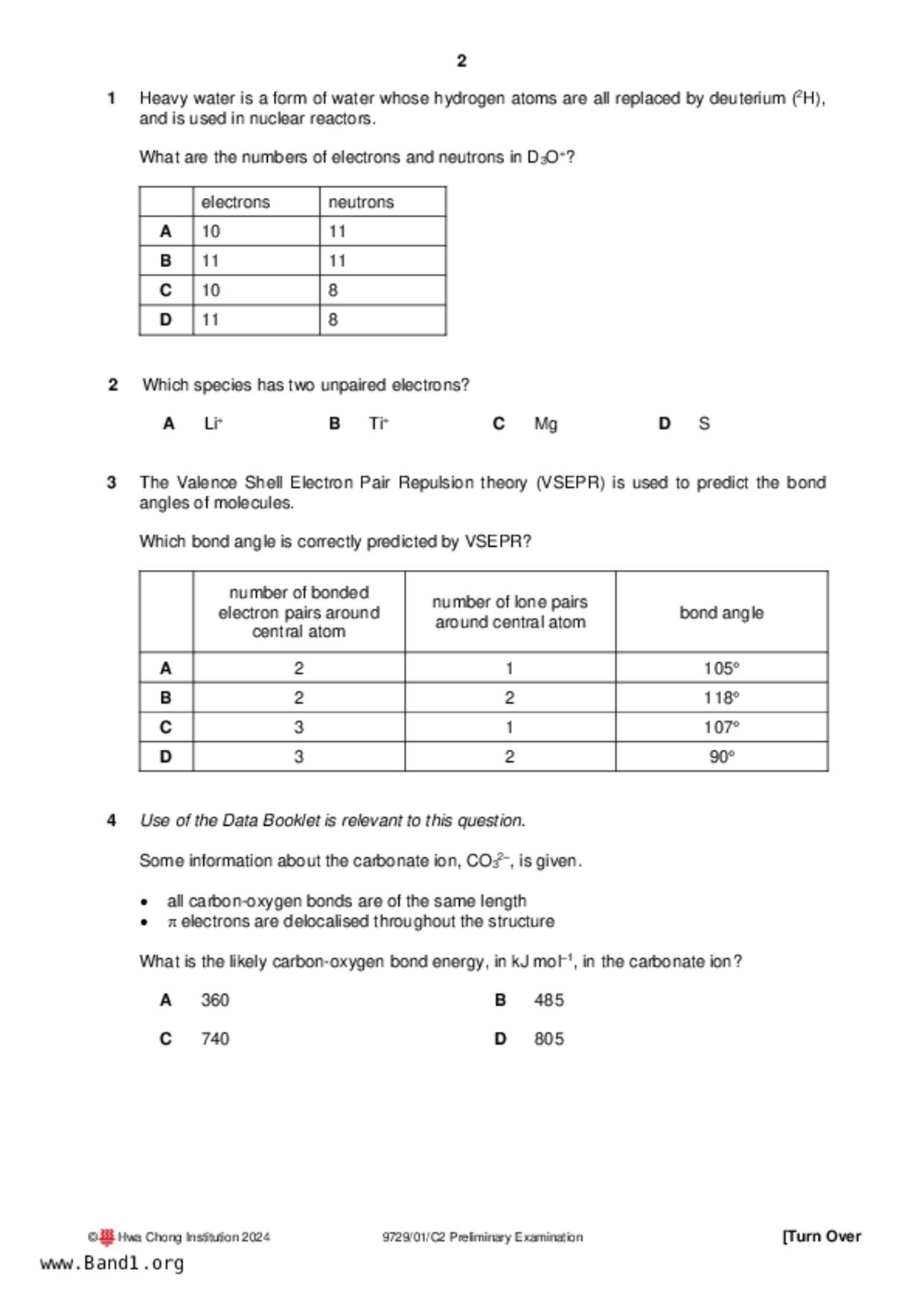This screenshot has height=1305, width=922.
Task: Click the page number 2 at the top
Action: pos(461,61)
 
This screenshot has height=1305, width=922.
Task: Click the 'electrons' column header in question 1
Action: pos(235,202)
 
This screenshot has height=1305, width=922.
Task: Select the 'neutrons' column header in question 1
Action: pos(361,202)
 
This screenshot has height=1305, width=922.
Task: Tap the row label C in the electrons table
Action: pos(165,290)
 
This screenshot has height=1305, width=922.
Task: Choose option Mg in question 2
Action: pos(545,424)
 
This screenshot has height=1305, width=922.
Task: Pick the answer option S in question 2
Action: pos(704,424)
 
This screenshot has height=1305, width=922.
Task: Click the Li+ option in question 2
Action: pos(214,424)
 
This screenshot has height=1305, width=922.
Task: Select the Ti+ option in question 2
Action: pos(379,424)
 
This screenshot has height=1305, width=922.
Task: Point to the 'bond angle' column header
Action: pos(721,613)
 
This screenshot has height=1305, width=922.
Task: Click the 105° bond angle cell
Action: pos(721,668)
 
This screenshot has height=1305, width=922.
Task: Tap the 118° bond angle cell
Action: pos(721,698)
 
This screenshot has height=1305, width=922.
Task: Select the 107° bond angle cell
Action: pos(721,727)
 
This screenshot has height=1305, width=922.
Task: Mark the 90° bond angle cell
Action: pos(721,757)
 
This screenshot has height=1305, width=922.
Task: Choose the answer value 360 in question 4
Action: pos(215,1000)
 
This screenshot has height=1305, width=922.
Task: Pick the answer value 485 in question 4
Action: pos(548,1000)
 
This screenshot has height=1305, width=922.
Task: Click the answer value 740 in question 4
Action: pos(215,1039)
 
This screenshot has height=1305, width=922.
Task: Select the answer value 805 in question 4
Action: pos(548,1039)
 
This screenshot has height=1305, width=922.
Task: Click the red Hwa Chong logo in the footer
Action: pos(107,1237)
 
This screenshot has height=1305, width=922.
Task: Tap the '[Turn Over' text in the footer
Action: pos(822,1237)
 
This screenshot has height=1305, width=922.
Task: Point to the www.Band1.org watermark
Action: pos(112,1263)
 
